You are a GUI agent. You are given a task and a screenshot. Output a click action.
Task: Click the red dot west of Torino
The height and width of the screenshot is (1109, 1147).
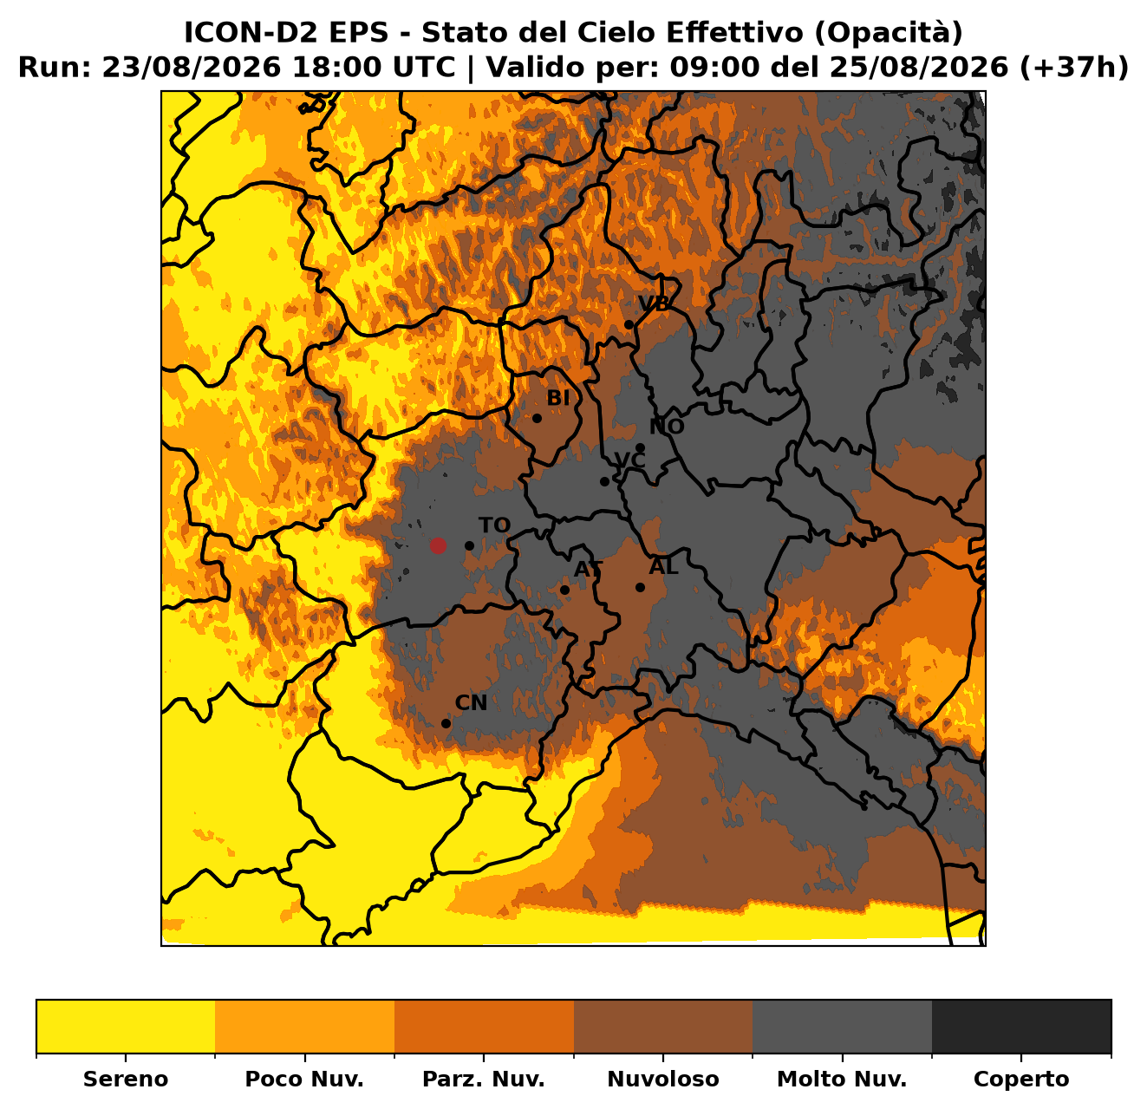tap(437, 545)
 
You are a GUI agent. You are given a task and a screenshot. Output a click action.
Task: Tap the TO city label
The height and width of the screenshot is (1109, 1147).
tap(494, 525)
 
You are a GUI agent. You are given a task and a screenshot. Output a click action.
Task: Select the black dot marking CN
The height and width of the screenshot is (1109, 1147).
tap(446, 723)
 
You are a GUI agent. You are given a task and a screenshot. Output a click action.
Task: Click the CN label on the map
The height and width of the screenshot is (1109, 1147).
tap(471, 703)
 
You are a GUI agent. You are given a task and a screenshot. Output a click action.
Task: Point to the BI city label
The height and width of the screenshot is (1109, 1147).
tap(558, 398)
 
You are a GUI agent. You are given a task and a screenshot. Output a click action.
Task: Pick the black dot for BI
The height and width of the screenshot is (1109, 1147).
tap(537, 418)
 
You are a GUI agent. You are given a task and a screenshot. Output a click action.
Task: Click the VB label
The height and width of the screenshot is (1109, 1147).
tap(654, 303)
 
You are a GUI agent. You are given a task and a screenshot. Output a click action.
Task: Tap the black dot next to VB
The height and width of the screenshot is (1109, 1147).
tap(629, 325)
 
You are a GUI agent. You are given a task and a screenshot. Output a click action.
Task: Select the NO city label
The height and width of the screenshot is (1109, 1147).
tap(667, 427)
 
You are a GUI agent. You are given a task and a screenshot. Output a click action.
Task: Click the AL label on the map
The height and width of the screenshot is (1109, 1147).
tap(664, 566)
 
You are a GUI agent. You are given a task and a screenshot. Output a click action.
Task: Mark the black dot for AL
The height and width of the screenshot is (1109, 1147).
tap(640, 587)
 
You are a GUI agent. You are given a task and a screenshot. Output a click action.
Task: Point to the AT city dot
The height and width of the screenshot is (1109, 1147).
tap(564, 590)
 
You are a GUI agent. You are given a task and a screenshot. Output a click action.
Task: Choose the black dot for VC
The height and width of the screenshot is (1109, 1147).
tap(604, 482)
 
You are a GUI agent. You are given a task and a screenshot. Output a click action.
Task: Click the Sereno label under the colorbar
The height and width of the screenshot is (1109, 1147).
tap(126, 1079)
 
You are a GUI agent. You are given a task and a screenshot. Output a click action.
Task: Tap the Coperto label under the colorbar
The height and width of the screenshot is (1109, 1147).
tap(1021, 1079)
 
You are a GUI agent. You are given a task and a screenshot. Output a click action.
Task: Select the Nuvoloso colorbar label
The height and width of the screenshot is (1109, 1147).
tap(663, 1079)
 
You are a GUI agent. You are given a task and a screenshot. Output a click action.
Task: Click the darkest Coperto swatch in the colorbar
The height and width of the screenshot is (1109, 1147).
tap(1021, 1027)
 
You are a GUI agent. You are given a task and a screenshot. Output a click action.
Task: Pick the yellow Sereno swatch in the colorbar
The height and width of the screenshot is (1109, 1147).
tap(126, 1027)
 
